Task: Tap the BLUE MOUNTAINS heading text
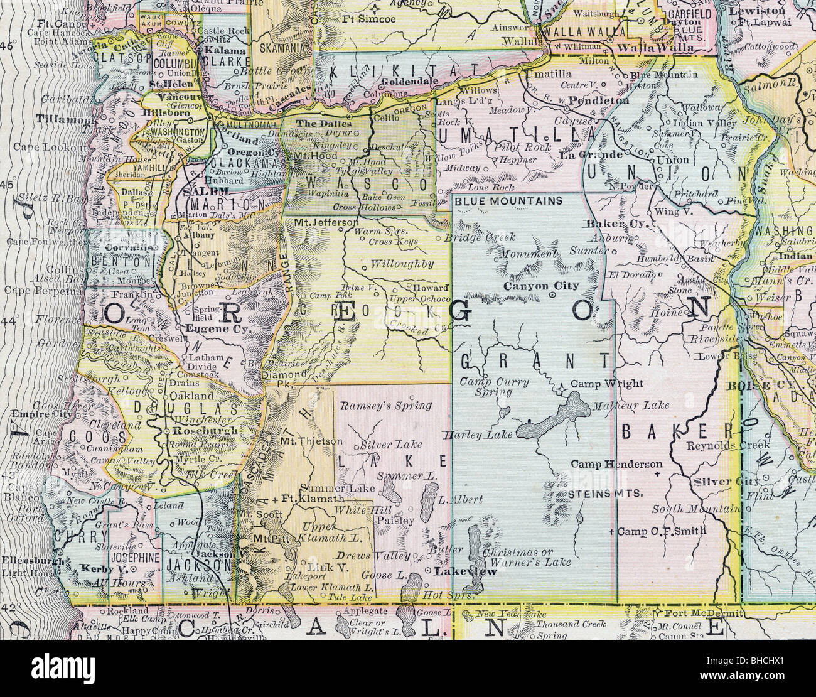click(x=508, y=202)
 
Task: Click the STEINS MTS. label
click(x=605, y=494)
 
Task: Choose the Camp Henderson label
click(x=616, y=464)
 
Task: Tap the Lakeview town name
click(x=458, y=571)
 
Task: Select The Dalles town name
click(x=315, y=123)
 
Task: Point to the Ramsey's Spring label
click(x=385, y=406)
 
